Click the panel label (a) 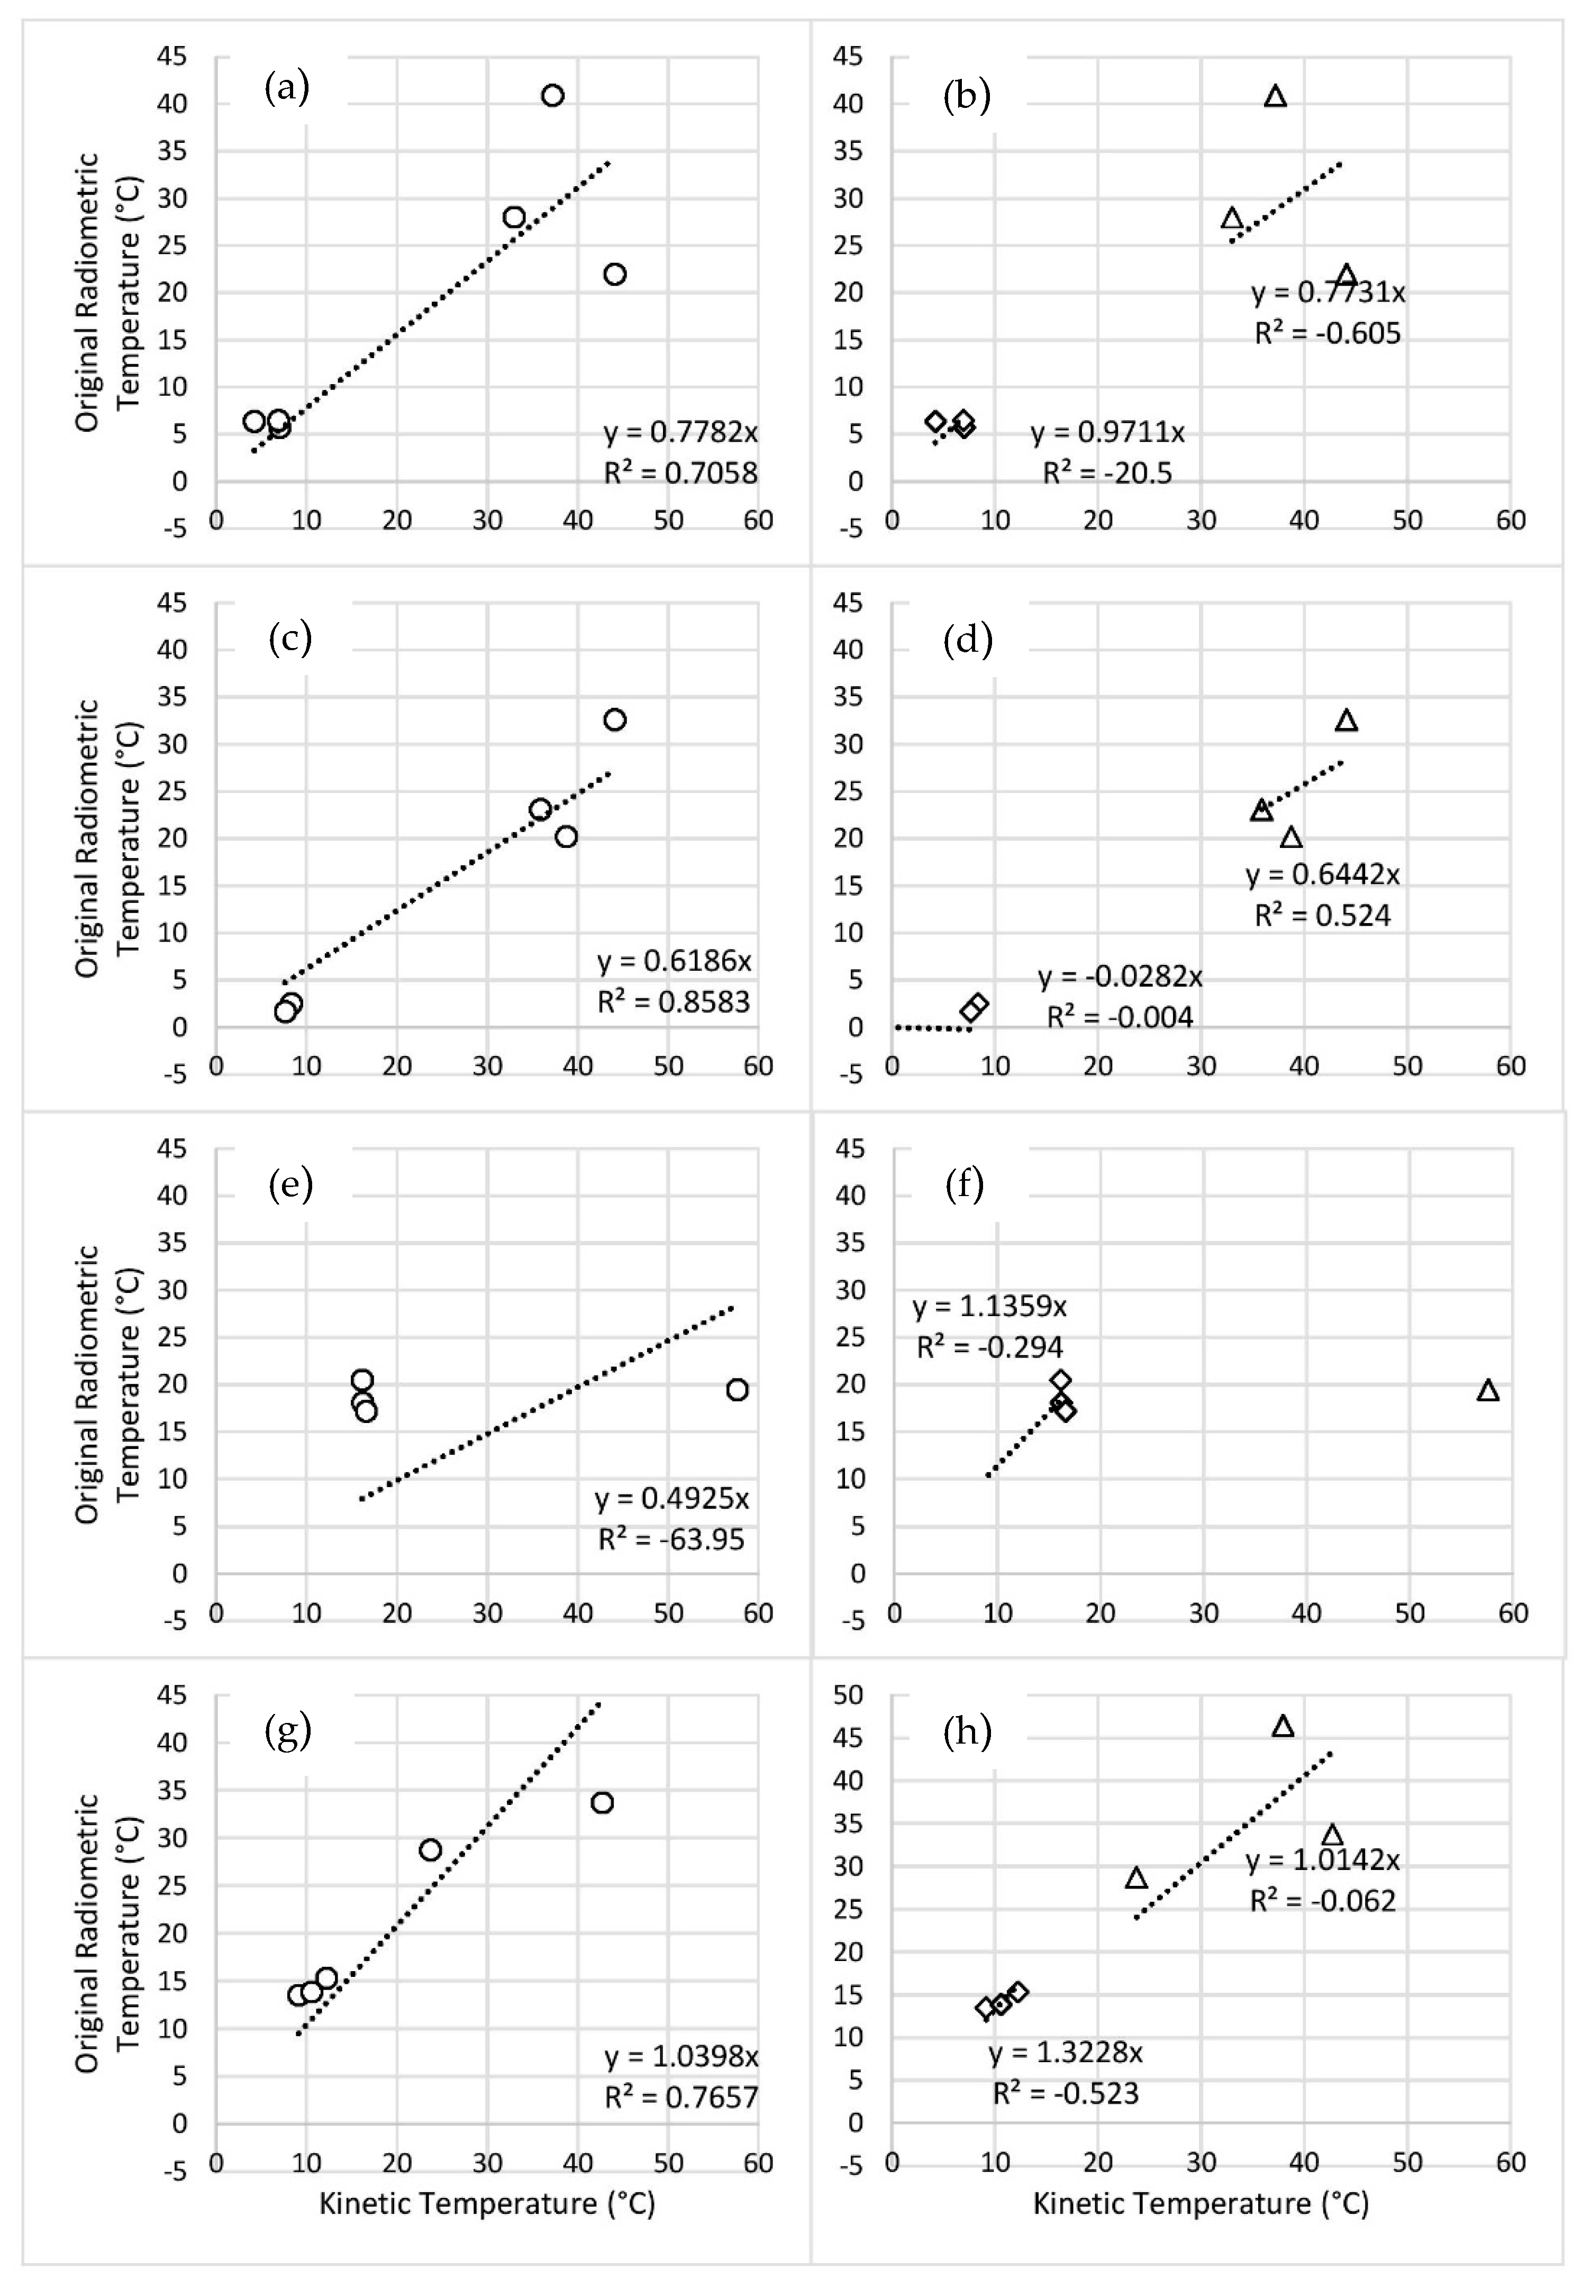[286, 89]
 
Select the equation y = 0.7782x [680, 432]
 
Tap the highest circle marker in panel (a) [552, 95]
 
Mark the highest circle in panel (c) [615, 719]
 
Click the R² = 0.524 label [1322, 915]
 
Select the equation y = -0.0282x [1120, 977]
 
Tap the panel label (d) [967, 639]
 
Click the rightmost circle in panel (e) [737, 1389]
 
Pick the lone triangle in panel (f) [1487, 1390]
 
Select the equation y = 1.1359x [989, 1306]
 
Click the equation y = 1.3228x [1066, 2052]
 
